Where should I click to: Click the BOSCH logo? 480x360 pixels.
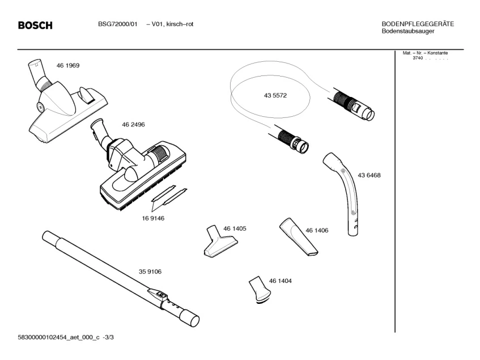click(35, 26)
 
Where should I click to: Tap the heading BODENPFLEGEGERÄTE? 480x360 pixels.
click(418, 24)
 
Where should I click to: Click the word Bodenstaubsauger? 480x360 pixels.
click(408, 31)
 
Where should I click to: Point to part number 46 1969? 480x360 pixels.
click(68, 66)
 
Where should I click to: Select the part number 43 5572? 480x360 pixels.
click(275, 96)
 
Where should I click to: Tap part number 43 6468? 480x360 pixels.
click(369, 176)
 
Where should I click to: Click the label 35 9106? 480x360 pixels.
click(150, 272)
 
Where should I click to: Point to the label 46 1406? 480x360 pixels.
click(317, 230)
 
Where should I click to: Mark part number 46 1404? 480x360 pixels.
click(281, 281)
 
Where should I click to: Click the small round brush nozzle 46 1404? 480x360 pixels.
click(259, 289)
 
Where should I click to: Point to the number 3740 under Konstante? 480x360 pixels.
click(418, 58)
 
